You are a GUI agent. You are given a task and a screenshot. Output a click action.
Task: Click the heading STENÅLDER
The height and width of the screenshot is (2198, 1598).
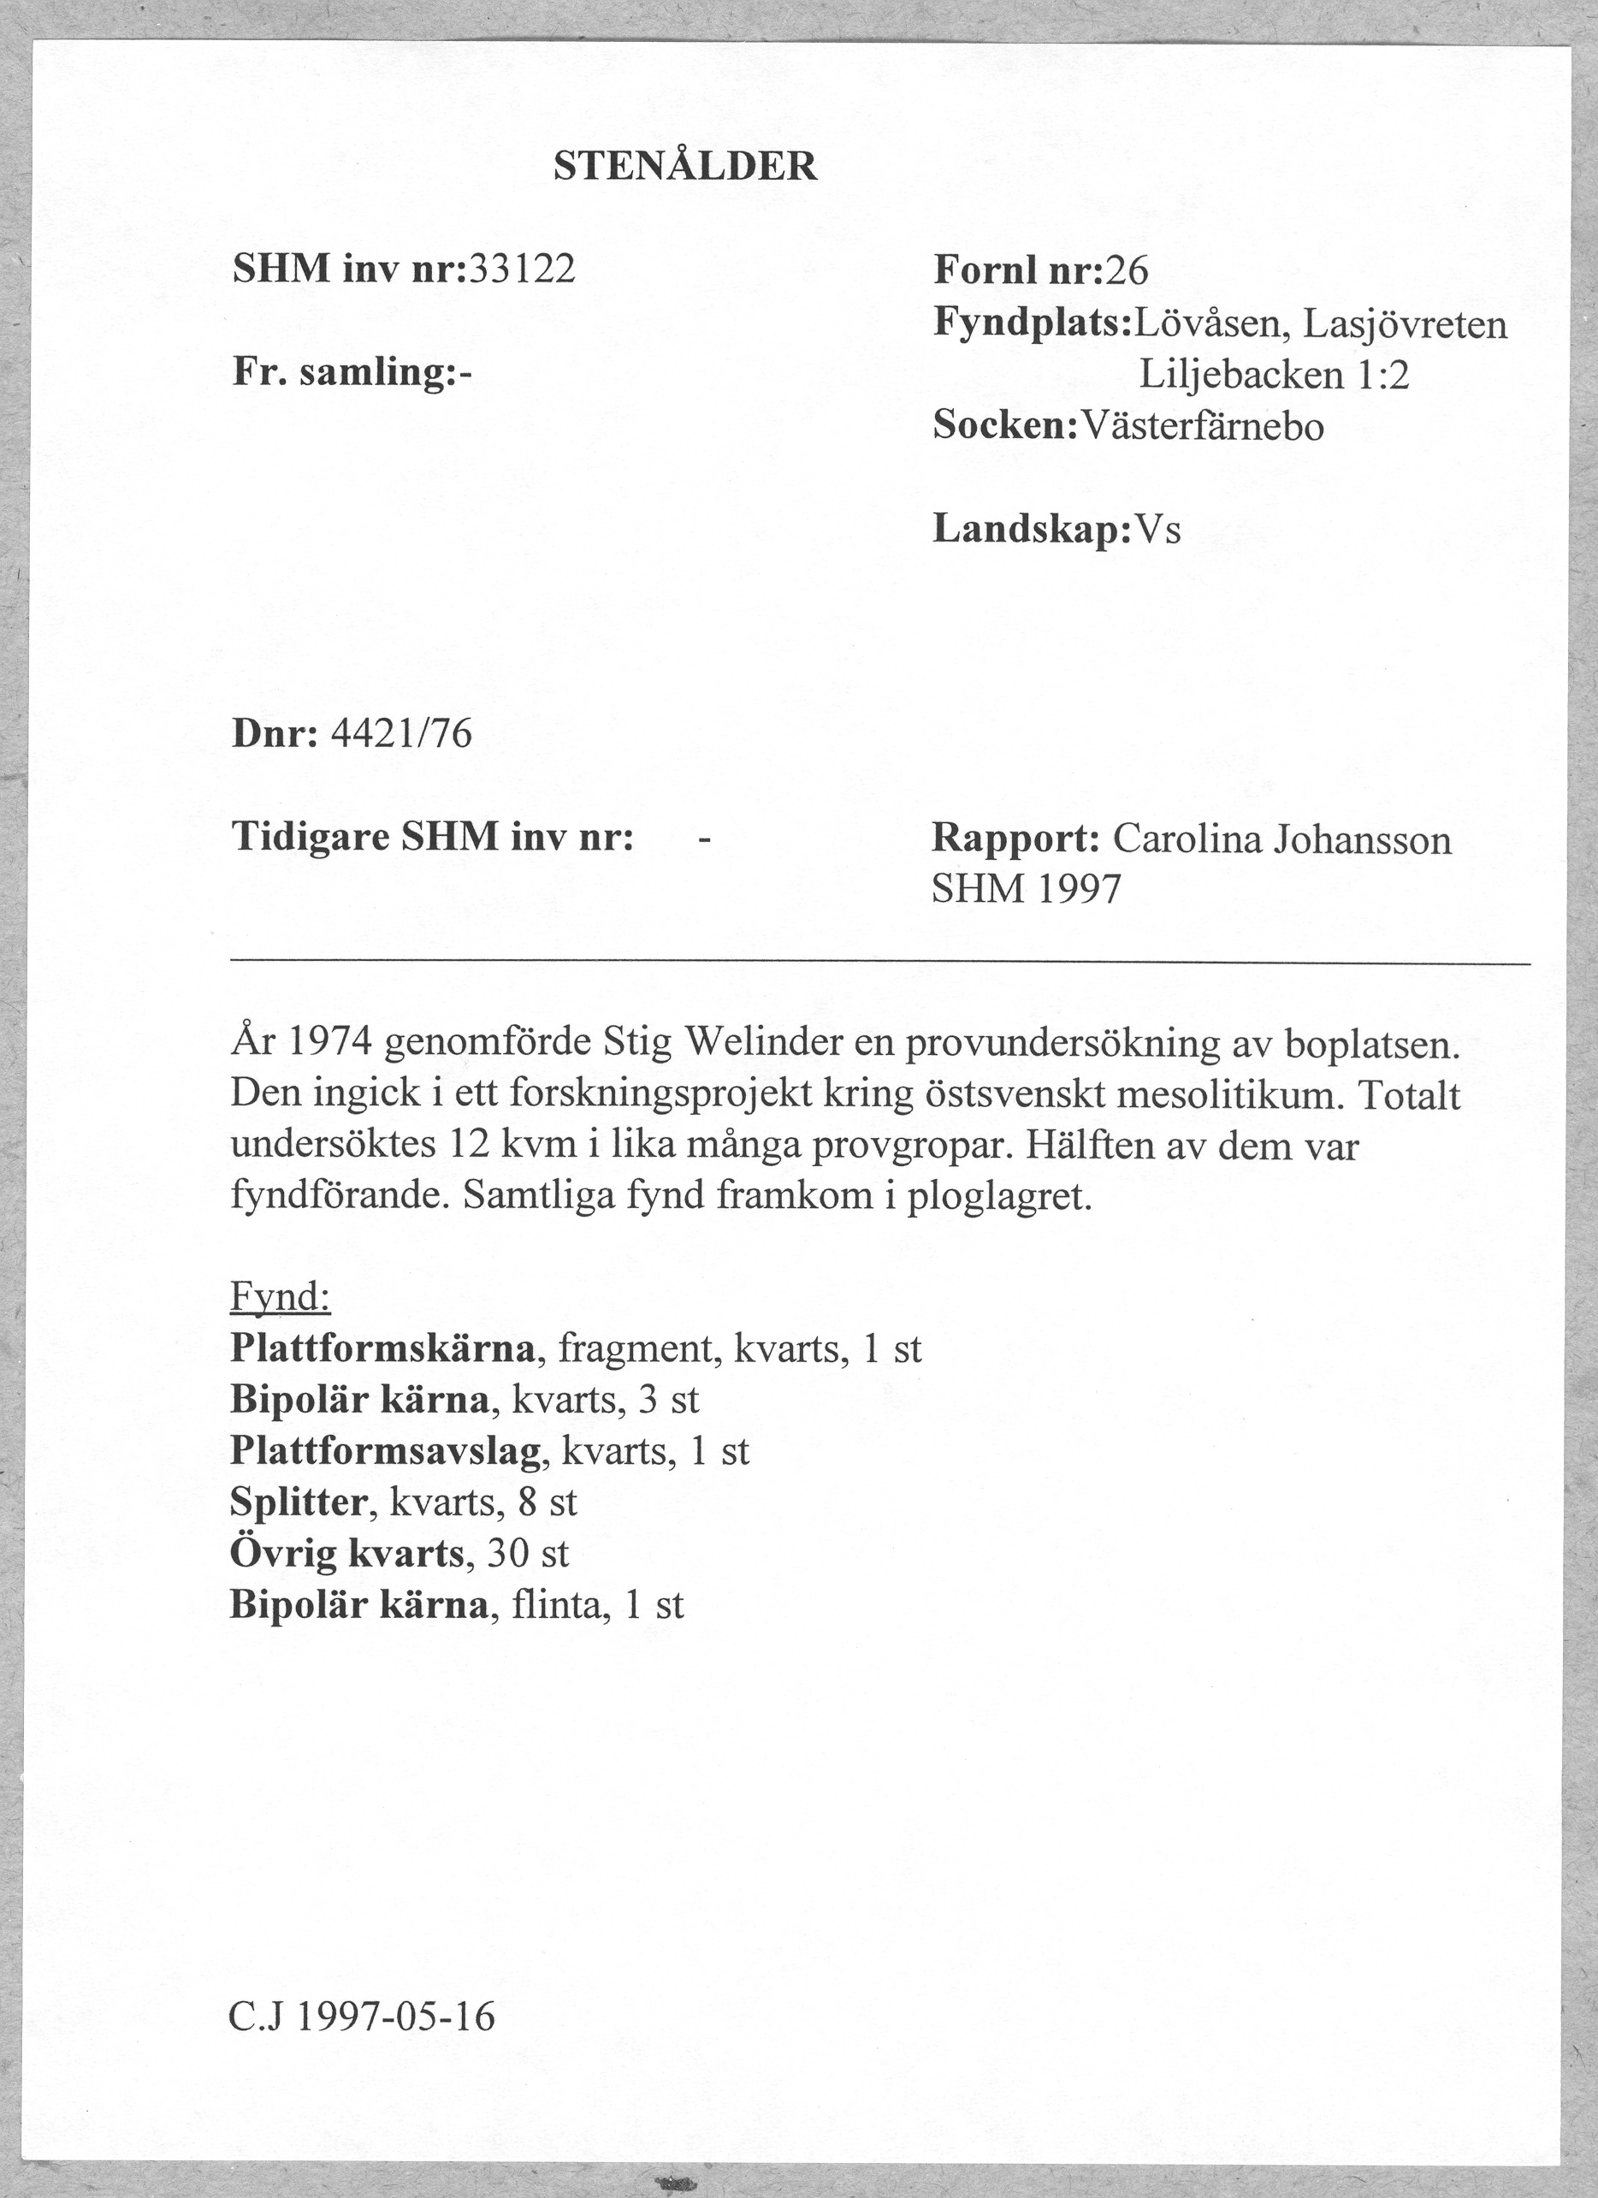[x=685, y=168]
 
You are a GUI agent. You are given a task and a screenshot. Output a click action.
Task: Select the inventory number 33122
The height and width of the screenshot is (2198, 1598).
[x=521, y=269]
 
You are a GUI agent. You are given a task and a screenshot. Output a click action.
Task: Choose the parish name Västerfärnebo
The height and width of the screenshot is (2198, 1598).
[x=1201, y=426]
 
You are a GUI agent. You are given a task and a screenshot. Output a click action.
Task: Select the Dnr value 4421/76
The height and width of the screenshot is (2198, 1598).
[x=401, y=735]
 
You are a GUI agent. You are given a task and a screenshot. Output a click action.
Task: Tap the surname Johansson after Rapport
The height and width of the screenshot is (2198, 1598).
[x=1363, y=839]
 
